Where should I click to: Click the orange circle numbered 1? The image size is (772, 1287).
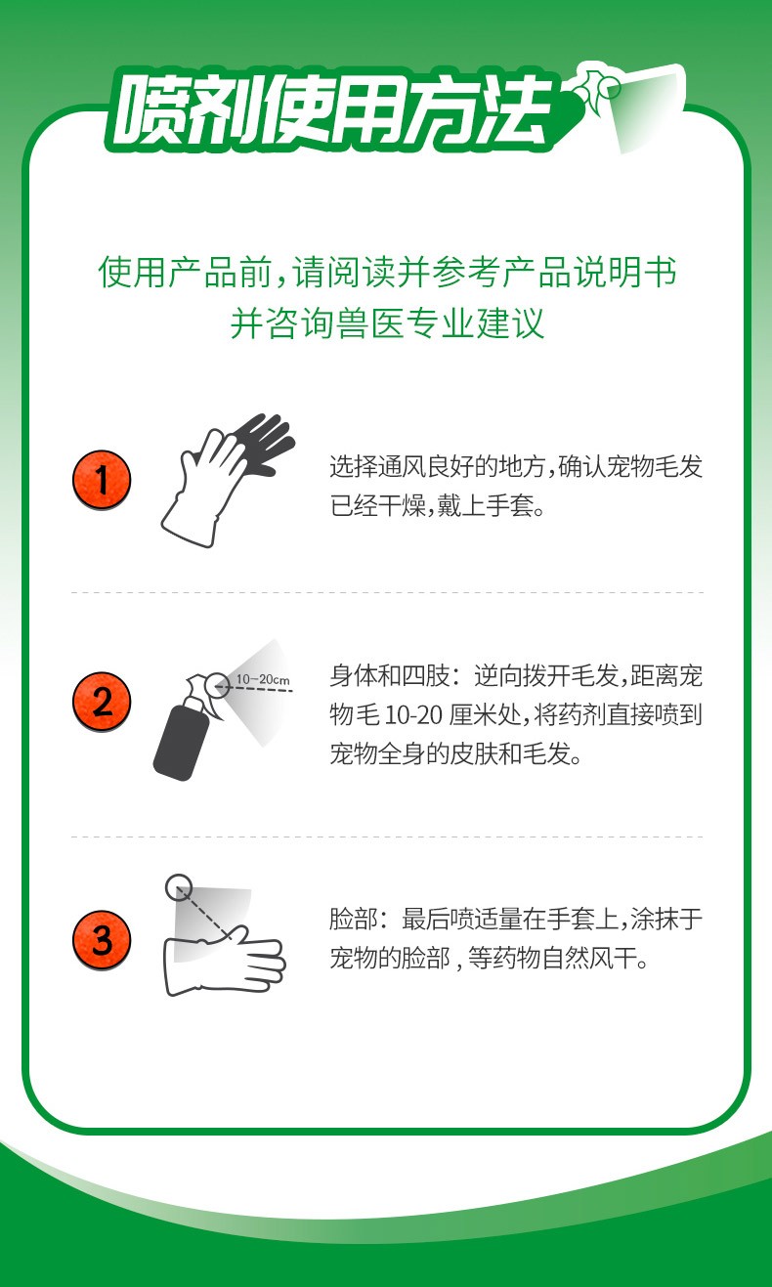pos(102,480)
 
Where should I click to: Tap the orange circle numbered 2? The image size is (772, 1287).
pos(102,702)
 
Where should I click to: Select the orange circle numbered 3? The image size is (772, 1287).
pos(102,940)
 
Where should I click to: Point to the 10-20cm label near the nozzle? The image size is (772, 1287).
pos(263,680)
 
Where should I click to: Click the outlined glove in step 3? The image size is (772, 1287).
pos(224,960)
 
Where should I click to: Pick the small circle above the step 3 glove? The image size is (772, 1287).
pos(179,887)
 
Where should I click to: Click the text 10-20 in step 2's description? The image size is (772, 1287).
pos(413,716)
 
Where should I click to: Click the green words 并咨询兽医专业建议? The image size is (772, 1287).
pos(387,322)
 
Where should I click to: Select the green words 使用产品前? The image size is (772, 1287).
pos(185,272)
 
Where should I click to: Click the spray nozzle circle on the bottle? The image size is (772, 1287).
pos(218,685)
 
